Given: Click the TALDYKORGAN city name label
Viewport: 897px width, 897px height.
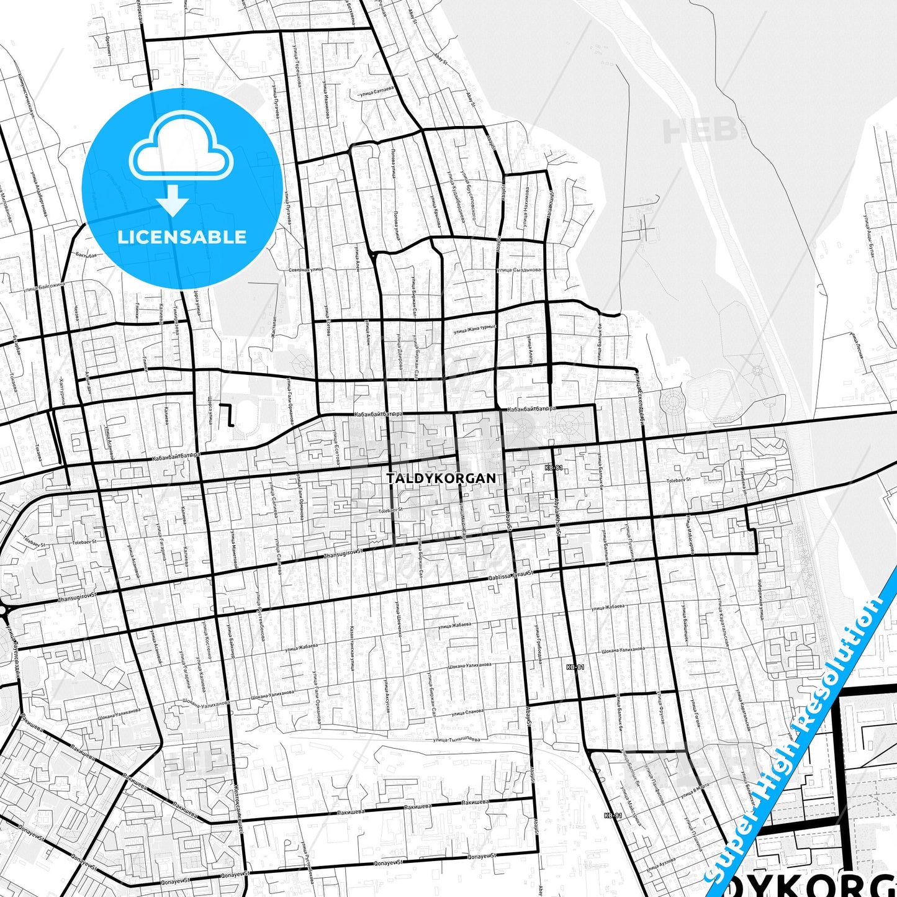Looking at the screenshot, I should click(441, 478).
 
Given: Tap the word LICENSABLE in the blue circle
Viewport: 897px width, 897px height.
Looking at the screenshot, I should click(182, 237).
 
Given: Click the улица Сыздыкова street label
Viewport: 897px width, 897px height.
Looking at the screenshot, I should click(518, 270).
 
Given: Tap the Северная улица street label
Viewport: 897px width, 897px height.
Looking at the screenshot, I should click(306, 270).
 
